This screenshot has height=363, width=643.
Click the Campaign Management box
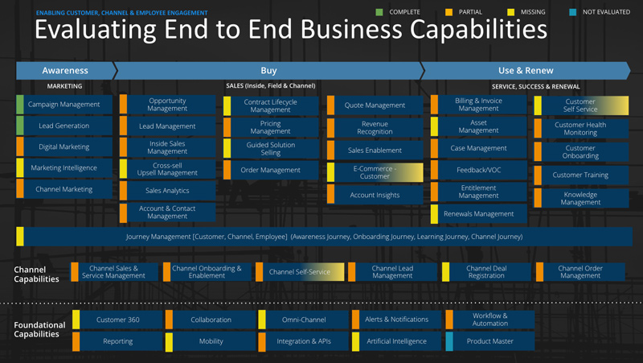pos(63,105)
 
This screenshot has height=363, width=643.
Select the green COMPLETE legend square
pos(380,12)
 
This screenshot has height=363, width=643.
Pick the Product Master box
pos(490,341)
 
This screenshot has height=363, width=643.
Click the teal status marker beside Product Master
pos(449,341)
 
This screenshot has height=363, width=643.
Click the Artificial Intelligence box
pos(396,341)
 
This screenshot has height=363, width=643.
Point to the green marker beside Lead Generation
pos(20,126)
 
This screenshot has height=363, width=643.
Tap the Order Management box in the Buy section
pos(271,170)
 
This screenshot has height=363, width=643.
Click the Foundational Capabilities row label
pos(39,330)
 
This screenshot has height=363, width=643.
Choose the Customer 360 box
pos(118,320)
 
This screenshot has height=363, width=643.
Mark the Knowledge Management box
pos(584,199)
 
